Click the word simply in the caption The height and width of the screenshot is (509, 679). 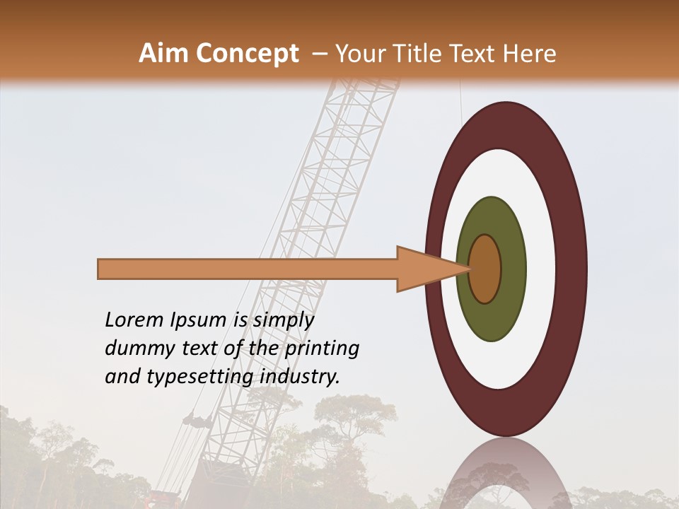283,320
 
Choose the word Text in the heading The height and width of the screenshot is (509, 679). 476,54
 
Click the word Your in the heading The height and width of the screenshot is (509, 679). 361,54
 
